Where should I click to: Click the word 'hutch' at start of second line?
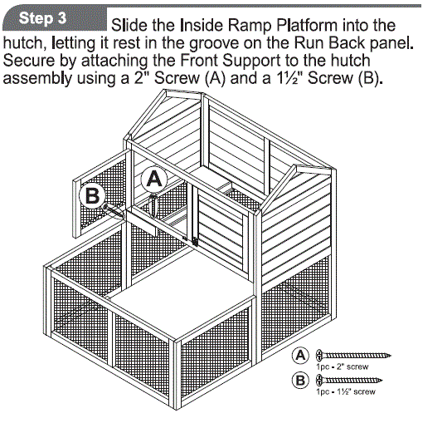point(22,43)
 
